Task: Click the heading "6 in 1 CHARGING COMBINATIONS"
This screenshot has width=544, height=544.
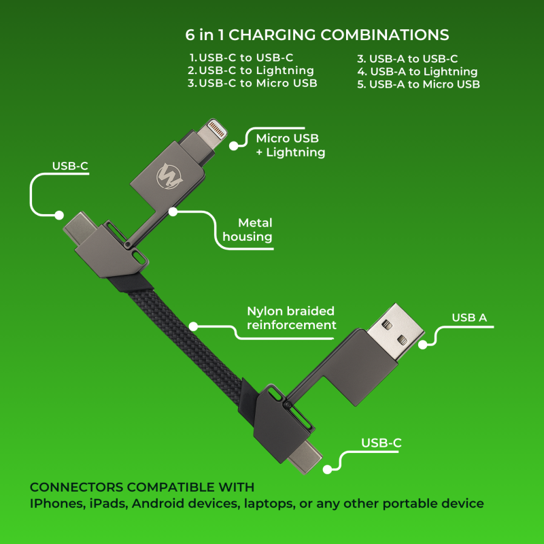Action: (317, 35)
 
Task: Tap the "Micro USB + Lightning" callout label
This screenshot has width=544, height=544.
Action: (290, 146)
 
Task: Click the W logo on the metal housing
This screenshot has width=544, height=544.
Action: (169, 176)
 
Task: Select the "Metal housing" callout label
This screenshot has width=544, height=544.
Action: (248, 230)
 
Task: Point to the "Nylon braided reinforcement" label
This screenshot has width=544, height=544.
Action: (292, 318)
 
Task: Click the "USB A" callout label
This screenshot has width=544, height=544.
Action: (469, 318)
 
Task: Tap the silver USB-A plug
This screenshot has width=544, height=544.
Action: (396, 333)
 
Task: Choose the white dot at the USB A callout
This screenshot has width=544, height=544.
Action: (422, 345)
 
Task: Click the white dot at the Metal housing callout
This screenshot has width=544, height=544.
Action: (173, 211)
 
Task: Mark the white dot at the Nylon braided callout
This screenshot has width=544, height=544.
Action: (193, 326)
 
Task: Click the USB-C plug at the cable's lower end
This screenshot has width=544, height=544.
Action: (305, 456)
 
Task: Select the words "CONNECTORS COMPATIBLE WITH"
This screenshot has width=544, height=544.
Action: (142, 487)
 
